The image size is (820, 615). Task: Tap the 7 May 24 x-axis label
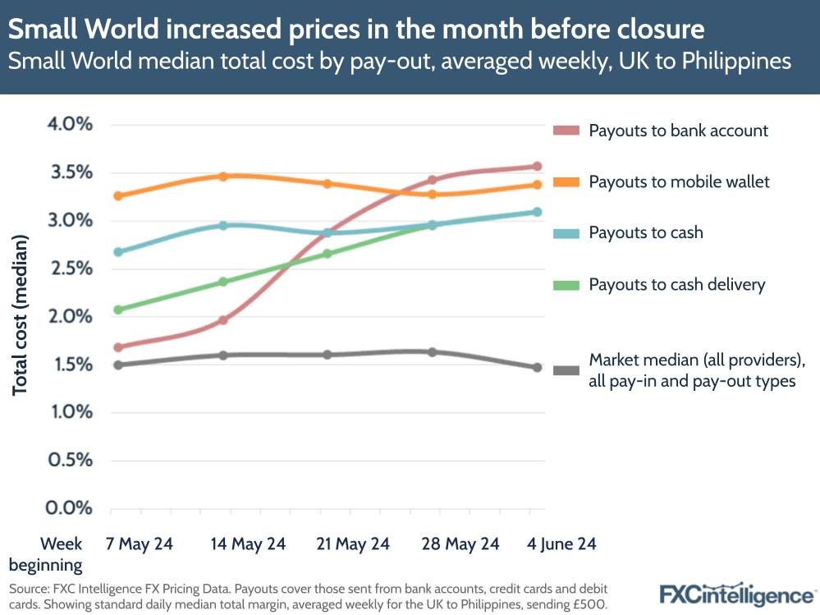[140, 544]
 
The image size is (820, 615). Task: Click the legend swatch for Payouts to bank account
[566, 131]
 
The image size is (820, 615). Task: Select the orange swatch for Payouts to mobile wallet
[566, 181]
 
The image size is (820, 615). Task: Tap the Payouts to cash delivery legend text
[676, 285]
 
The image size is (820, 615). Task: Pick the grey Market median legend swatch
[566, 370]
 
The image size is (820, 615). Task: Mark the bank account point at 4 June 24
[538, 167]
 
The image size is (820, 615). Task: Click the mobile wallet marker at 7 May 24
[118, 196]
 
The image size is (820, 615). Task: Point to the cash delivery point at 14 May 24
[222, 282]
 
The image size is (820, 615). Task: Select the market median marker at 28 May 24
[433, 352]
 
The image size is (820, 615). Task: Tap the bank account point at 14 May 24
[222, 320]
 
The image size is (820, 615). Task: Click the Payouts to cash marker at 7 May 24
[118, 252]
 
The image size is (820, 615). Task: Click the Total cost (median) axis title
[20, 316]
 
